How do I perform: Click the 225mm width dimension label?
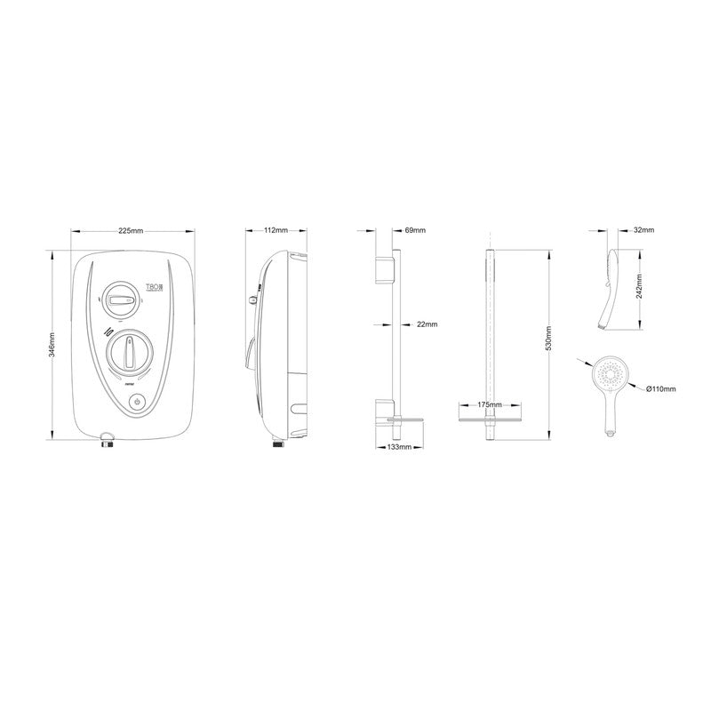[131, 231]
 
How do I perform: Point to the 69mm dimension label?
[415, 231]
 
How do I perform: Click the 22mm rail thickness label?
[427, 324]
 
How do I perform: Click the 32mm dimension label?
[644, 230]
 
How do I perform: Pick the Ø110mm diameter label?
[662, 388]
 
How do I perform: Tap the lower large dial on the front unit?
[131, 351]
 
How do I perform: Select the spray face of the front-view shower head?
[611, 374]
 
